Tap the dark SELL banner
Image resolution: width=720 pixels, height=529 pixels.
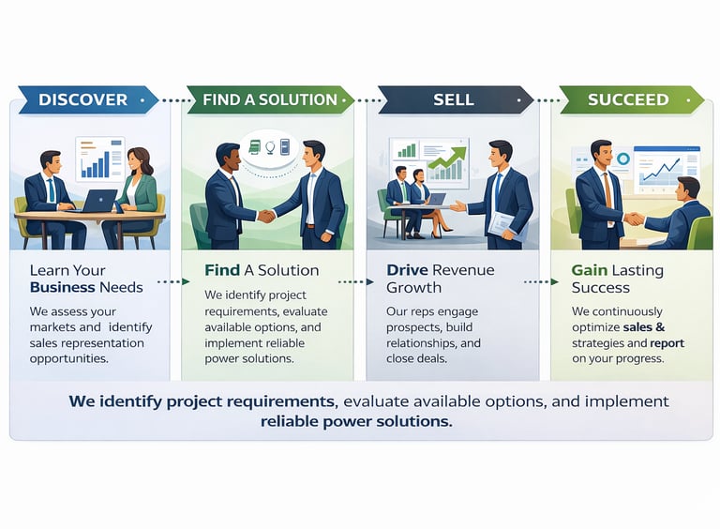tap(452, 99)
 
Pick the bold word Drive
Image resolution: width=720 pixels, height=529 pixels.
tap(407, 270)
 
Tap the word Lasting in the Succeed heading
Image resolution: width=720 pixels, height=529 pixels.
tap(637, 270)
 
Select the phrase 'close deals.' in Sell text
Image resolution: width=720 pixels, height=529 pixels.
tap(417, 358)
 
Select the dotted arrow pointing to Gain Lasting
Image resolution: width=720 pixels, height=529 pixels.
tap(542, 280)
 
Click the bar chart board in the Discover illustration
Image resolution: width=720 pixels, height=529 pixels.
tap(99, 159)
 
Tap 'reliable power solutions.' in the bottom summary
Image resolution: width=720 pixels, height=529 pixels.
tap(356, 422)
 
